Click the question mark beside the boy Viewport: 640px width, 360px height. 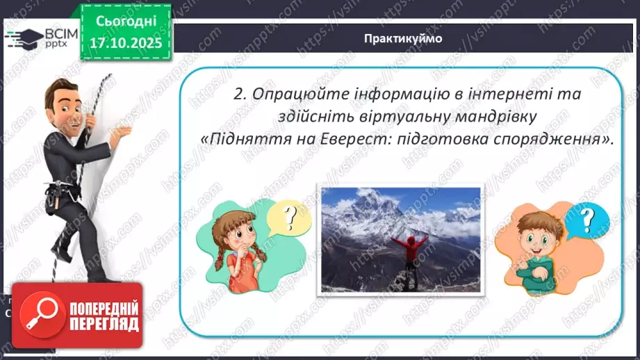tap(587, 220)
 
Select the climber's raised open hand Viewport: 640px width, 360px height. tap(124, 133)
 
